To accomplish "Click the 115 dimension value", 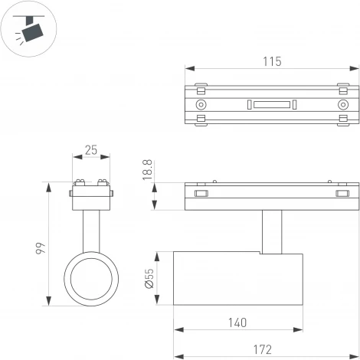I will click(272, 61).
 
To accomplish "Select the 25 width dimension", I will click(91, 151).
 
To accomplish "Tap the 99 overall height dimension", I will click(41, 247).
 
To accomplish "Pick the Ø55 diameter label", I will click(149, 280).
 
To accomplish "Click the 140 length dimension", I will click(237, 322).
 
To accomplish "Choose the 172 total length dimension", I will click(262, 349).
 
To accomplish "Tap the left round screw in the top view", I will click(201, 104).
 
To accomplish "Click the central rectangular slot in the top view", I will click(272, 104).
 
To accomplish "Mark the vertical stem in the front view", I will click(91, 230).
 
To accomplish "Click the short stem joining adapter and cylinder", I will click(272, 231).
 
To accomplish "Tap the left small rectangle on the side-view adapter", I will click(201, 195).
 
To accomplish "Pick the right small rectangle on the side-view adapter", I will click(342, 195).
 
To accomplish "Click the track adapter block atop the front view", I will click(91, 198).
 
